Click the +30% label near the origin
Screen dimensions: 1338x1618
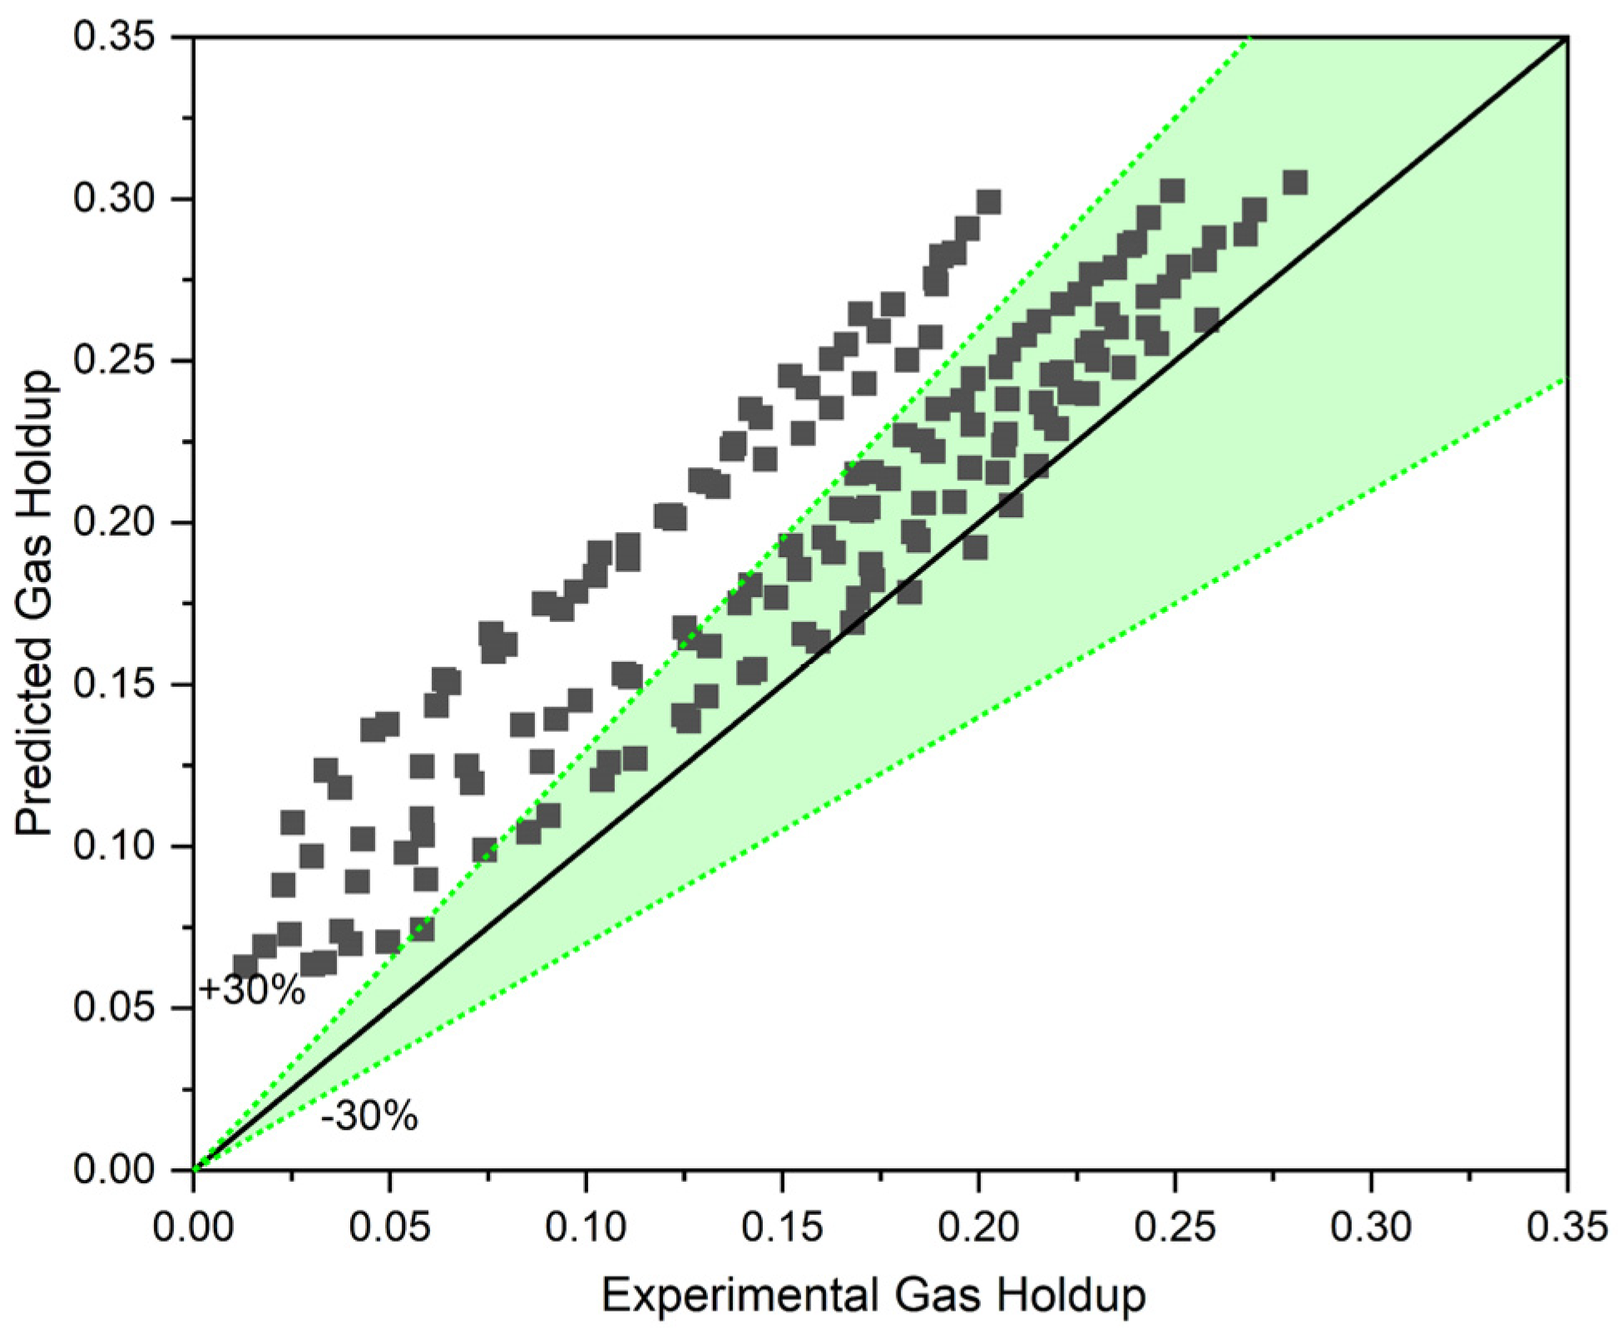[x=252, y=990]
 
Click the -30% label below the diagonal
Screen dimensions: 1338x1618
[x=369, y=1116]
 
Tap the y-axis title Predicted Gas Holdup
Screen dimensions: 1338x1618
[x=35, y=604]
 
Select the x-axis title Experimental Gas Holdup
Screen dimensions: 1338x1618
[x=873, y=1295]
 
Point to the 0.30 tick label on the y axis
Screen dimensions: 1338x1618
[x=115, y=199]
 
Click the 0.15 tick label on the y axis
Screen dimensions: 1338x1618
[x=115, y=684]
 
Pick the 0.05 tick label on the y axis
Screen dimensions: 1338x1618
[x=115, y=1008]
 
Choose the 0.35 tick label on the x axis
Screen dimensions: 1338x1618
[x=1566, y=1227]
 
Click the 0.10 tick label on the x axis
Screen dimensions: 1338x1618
[x=586, y=1227]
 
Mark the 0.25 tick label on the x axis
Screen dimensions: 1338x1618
[x=1175, y=1227]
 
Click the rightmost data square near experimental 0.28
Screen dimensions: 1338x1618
[x=1294, y=183]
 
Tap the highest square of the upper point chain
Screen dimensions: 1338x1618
[x=988, y=202]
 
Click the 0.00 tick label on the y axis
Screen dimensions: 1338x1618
[x=115, y=1169]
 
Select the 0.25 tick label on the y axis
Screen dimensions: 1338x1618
[x=115, y=361]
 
